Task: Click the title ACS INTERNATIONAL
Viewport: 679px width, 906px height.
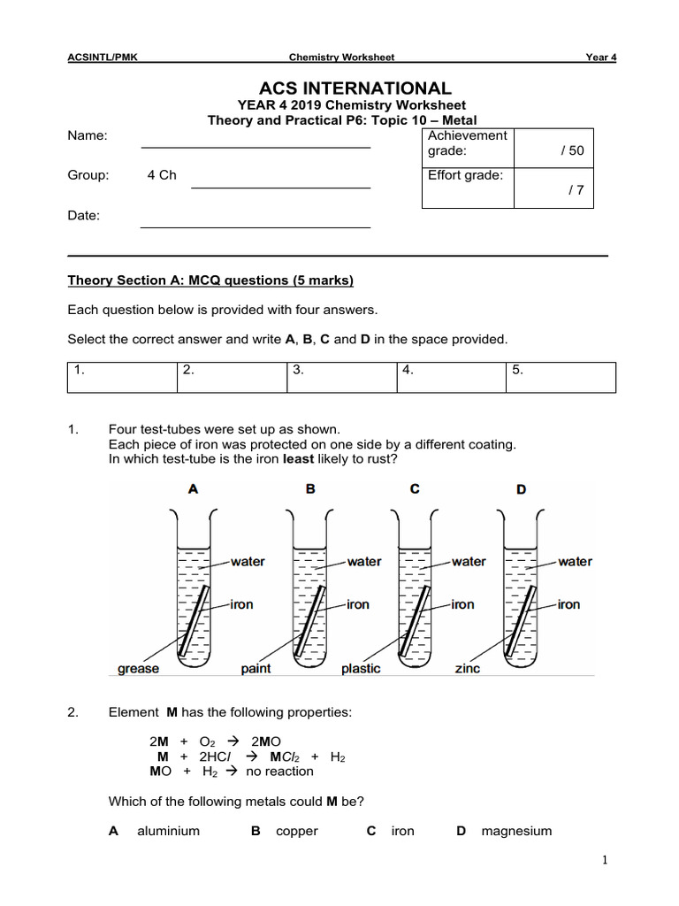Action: tap(355, 88)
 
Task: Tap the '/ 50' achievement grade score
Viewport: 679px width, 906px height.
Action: tap(572, 150)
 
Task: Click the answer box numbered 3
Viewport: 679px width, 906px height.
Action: tap(342, 376)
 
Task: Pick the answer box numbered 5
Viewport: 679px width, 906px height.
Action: tap(561, 376)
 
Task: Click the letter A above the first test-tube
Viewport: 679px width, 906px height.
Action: tap(193, 488)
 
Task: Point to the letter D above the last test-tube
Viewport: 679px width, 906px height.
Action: tap(521, 488)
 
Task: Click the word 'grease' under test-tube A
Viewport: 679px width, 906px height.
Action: tap(139, 669)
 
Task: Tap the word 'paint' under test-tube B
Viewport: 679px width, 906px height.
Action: tap(256, 669)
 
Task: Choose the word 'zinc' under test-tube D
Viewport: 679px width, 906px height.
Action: tap(467, 669)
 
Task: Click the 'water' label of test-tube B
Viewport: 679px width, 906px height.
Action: tap(364, 561)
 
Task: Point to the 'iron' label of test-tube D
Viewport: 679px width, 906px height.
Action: tap(568, 604)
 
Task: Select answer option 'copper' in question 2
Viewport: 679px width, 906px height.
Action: tap(296, 831)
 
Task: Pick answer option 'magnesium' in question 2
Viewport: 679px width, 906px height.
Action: tap(516, 831)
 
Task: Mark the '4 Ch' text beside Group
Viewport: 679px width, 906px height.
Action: tap(162, 175)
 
